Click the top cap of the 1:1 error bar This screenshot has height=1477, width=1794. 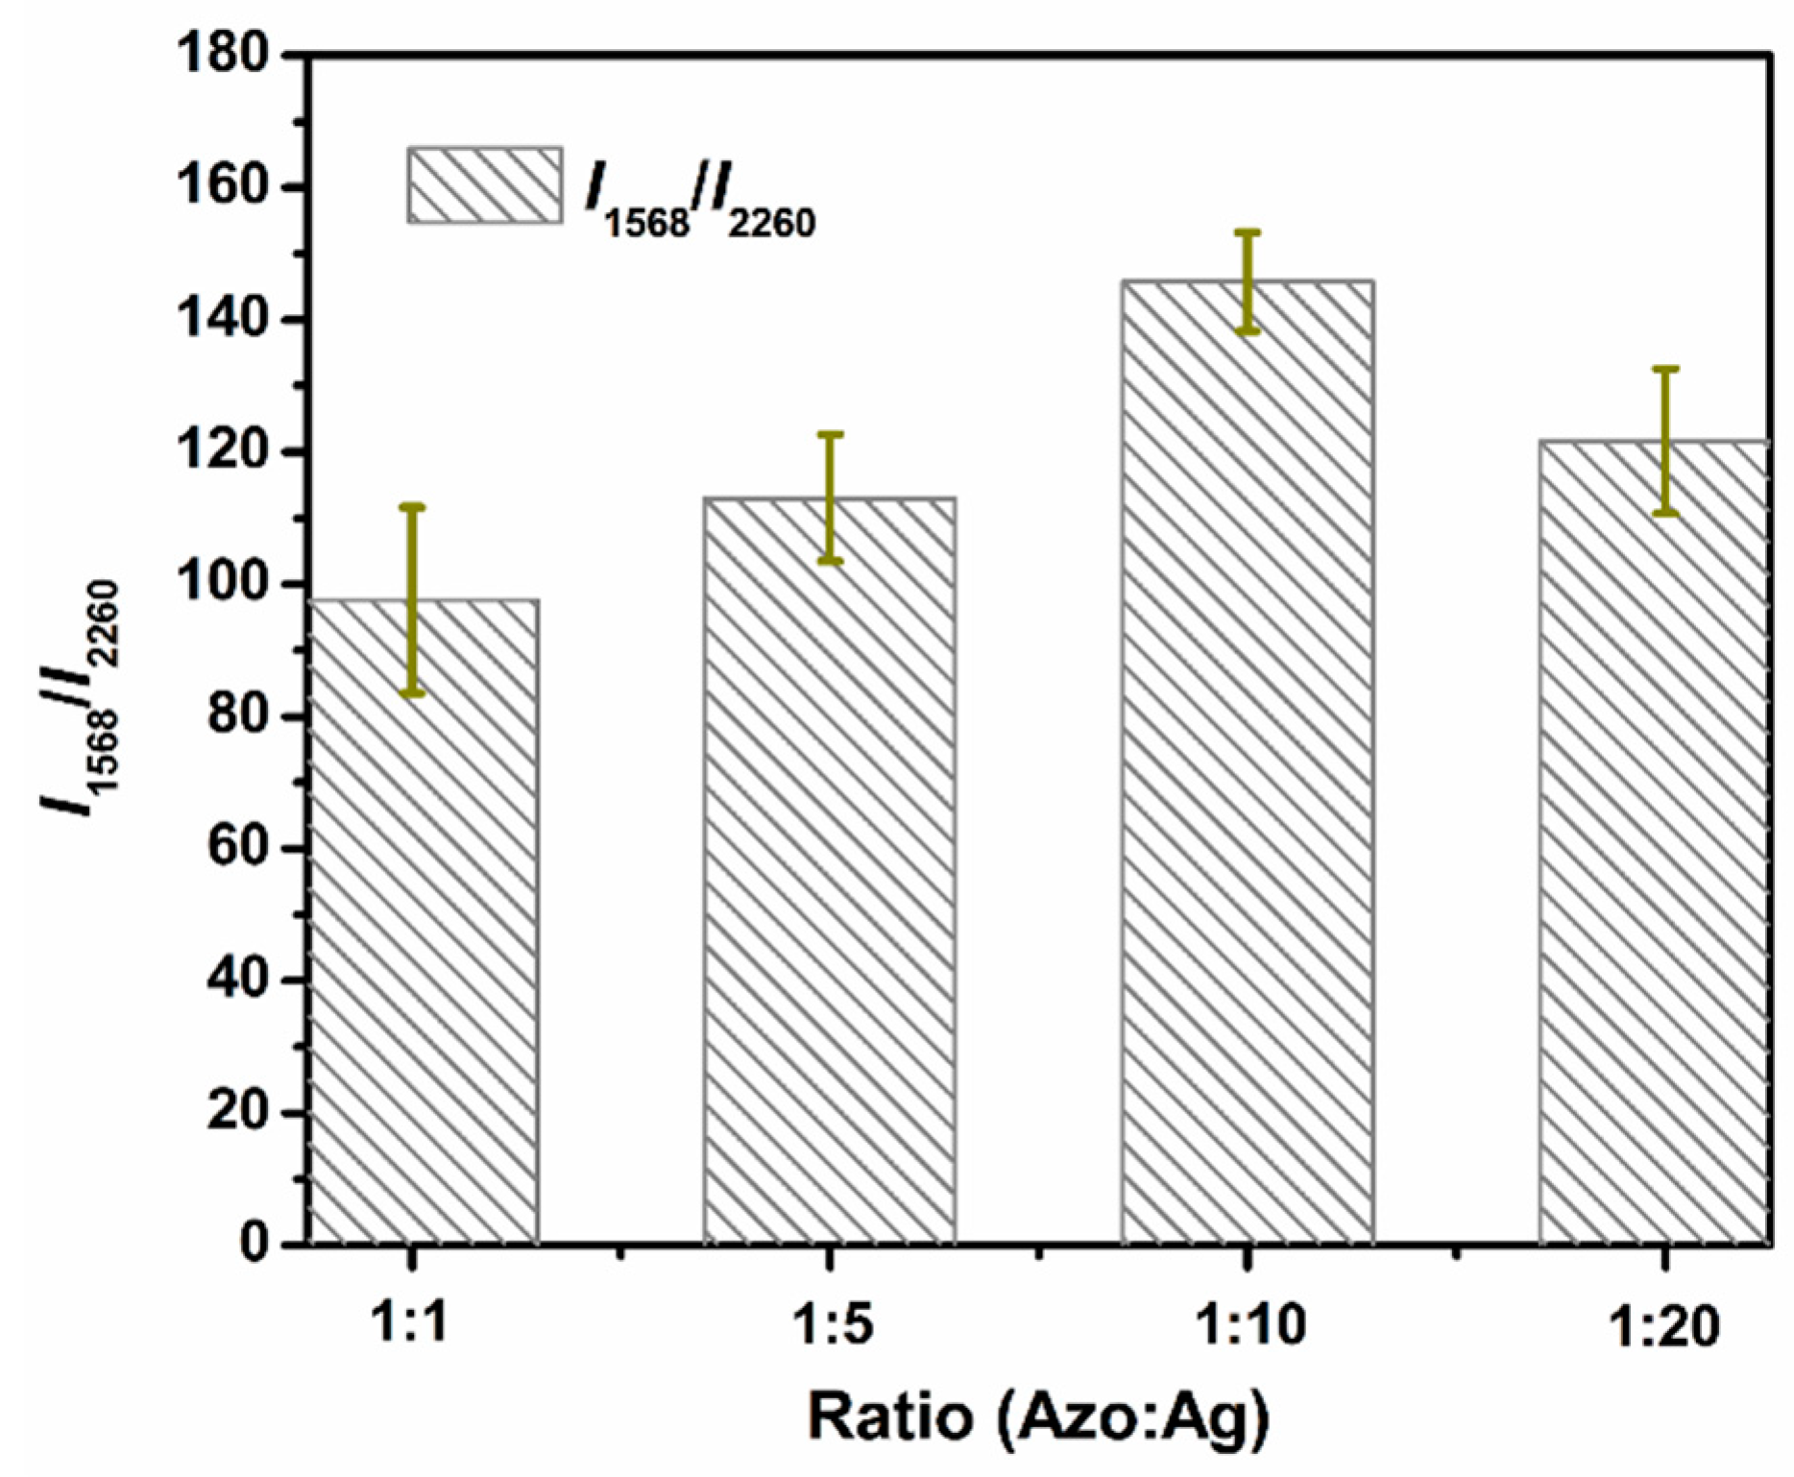point(412,506)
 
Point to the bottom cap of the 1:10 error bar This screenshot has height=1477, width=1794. point(1248,331)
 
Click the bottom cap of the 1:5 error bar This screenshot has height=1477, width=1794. point(830,561)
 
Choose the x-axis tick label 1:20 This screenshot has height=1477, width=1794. point(1664,1327)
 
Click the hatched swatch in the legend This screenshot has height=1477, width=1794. point(485,185)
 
